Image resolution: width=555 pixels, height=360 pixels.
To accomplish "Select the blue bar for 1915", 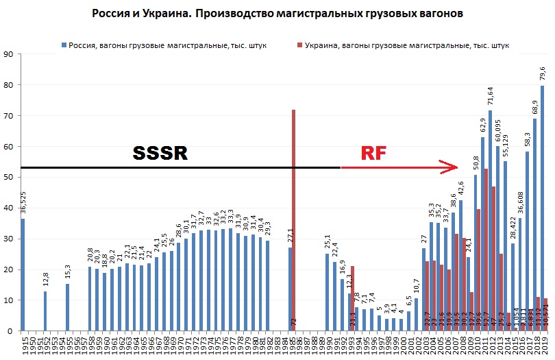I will click(23, 274).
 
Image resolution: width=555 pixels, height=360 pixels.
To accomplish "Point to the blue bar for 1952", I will click(45, 311).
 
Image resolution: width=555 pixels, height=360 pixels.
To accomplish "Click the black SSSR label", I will click(160, 152).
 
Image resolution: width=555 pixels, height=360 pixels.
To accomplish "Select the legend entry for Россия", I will click(164, 45).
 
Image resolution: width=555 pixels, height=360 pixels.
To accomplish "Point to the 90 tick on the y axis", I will click(9, 54).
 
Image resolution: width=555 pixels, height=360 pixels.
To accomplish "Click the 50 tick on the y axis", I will click(9, 177).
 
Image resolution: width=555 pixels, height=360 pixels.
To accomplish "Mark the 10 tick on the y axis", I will click(9, 300).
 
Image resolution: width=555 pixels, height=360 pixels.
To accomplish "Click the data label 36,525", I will click(23, 204).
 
